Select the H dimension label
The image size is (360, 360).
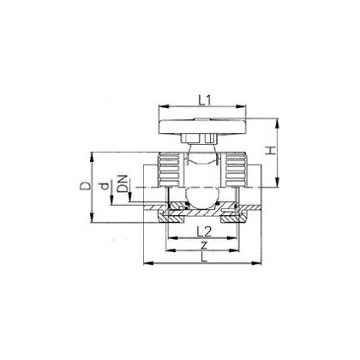(271, 151)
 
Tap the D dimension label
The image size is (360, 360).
(83, 186)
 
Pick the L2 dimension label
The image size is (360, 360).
(204, 232)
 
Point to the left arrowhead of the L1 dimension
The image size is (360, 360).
(162, 107)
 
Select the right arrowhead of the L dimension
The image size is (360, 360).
(261, 263)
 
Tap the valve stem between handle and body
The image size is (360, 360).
(201, 147)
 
